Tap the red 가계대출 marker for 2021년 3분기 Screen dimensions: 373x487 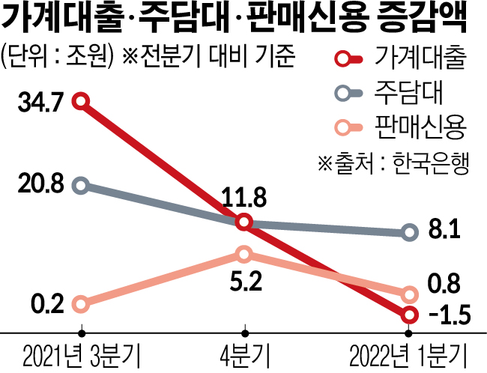[81, 100]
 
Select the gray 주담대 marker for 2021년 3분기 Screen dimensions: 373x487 [81, 185]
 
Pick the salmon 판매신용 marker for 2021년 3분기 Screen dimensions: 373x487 [81, 303]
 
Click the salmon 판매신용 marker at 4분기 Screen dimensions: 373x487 [243, 255]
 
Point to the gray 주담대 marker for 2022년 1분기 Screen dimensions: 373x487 [408, 232]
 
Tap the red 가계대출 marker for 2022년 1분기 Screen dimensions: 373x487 [408, 315]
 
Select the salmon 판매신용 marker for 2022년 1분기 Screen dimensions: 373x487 [408, 294]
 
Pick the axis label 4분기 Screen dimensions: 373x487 [243, 353]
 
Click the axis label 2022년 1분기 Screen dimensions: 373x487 [408, 353]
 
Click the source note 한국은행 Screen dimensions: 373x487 [438, 163]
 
